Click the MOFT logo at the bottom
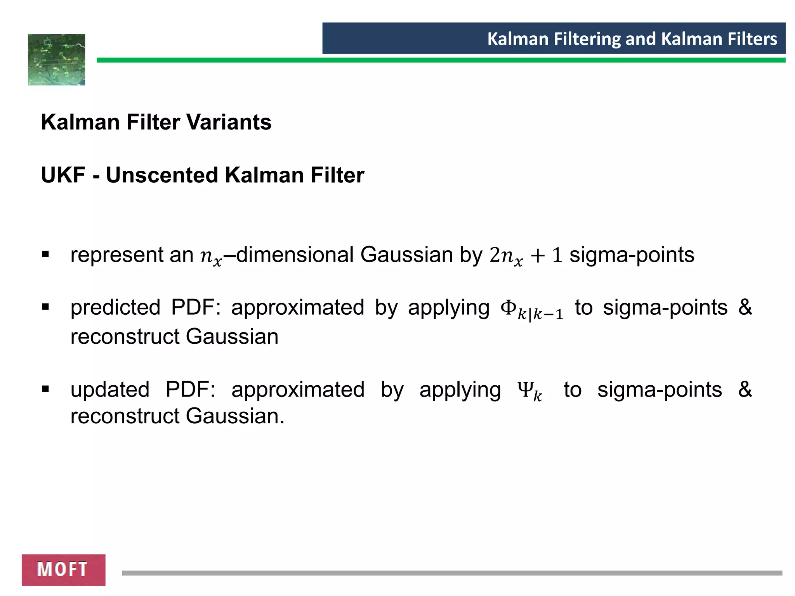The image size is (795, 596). (x=63, y=570)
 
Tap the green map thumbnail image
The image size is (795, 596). (x=57, y=60)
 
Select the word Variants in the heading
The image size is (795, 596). (x=229, y=122)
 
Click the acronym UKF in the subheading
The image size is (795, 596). (x=63, y=175)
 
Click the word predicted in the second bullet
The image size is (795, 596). (x=115, y=308)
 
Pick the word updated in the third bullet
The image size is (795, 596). (x=110, y=390)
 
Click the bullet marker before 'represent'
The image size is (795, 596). (x=45, y=255)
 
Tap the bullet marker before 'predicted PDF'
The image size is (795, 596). (x=45, y=307)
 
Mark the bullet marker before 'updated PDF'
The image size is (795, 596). (x=45, y=389)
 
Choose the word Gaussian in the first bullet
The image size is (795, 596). (x=406, y=255)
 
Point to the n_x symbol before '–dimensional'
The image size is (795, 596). (x=211, y=256)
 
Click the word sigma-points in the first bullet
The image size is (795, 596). (x=632, y=255)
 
